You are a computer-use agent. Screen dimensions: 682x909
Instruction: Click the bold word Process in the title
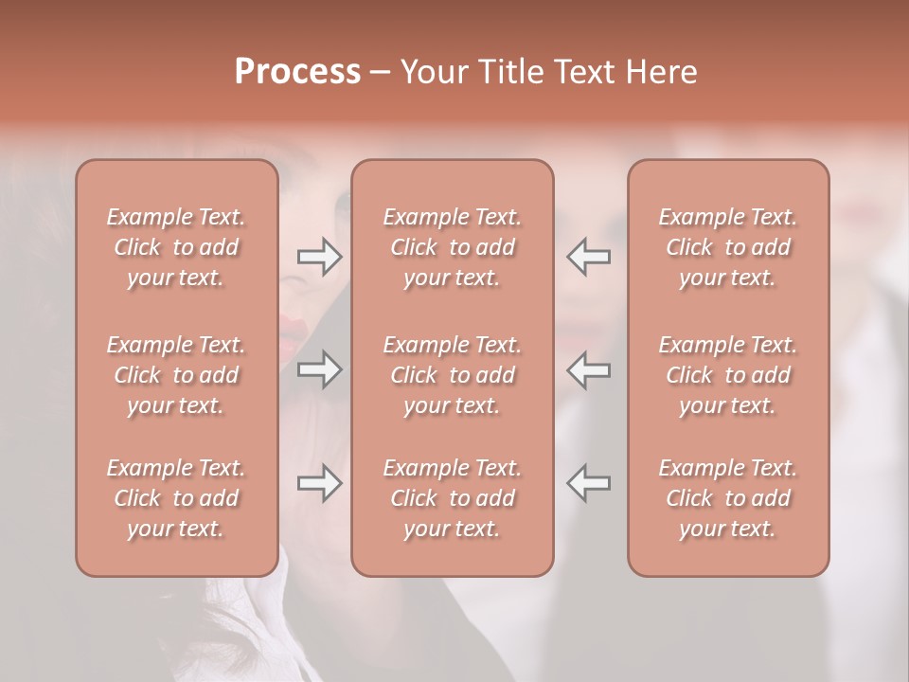point(297,72)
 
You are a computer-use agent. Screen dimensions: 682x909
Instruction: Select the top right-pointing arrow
point(319,257)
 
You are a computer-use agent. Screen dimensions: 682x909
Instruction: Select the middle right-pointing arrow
point(319,369)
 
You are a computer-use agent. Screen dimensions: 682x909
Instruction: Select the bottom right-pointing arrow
point(319,483)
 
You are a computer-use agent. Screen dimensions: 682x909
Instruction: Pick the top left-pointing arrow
point(588,257)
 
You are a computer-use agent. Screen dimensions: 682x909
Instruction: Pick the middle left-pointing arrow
point(588,369)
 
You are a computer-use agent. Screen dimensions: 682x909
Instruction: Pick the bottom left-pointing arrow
point(588,483)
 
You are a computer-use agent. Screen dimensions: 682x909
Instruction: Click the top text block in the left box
point(176,247)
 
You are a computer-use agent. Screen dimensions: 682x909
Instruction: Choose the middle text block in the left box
point(176,375)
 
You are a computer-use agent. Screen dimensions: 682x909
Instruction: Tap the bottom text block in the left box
point(176,498)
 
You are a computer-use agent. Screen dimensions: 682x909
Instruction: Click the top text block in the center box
point(453,247)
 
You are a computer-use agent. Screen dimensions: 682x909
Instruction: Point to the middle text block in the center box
point(453,375)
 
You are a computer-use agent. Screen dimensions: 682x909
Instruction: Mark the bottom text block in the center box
point(453,498)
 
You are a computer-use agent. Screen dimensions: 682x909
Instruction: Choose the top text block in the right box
point(728,247)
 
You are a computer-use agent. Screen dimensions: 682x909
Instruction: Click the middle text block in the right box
point(728,375)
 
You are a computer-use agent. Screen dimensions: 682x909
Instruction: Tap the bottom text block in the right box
point(728,498)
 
